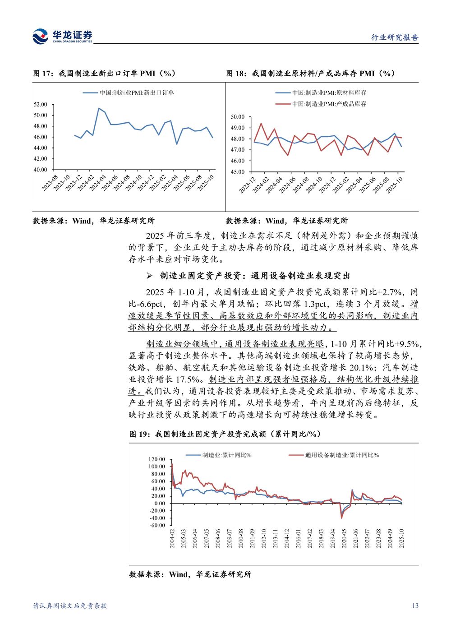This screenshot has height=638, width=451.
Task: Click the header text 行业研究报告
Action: pyautogui.click(x=395, y=38)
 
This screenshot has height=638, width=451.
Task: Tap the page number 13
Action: pyautogui.click(x=415, y=606)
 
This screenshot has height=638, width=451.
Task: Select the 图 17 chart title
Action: pyautogui.click(x=104, y=74)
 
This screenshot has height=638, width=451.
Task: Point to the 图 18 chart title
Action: pyautogui.click(x=310, y=74)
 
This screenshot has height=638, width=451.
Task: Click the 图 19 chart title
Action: pyautogui.click(x=225, y=434)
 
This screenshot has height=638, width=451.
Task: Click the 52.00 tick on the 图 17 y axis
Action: pyautogui.click(x=40, y=105)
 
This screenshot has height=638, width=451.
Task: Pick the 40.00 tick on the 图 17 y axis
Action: pyautogui.click(x=40, y=170)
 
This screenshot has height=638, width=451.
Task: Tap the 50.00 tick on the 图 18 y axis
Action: pyautogui.click(x=237, y=117)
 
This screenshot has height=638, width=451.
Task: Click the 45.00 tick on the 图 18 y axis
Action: pyautogui.click(x=237, y=172)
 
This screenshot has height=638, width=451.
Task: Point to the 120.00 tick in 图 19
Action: pyautogui.click(x=157, y=459)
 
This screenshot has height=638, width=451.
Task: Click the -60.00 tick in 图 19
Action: pyautogui.click(x=157, y=525)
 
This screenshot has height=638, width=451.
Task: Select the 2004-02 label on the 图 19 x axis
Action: pyautogui.click(x=172, y=539)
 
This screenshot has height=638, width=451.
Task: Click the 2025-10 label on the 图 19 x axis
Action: pyautogui.click(x=401, y=539)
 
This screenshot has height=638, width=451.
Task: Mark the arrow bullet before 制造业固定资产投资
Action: pyautogui.click(x=150, y=276)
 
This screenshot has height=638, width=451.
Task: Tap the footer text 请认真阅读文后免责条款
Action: pyautogui.click(x=70, y=606)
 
